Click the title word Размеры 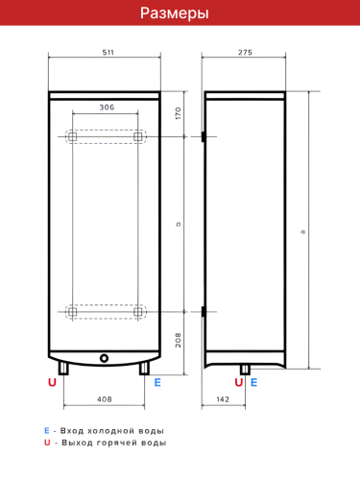click(180, 13)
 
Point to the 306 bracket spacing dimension click(106, 108)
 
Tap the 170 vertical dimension click(179, 114)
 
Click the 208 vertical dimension click(179, 339)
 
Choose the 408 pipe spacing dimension click(106, 398)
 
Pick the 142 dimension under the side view click(222, 398)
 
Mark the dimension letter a click(303, 230)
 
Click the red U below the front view click(54, 382)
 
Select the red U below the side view click(239, 382)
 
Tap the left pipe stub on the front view click(64, 369)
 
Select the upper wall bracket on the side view click(204, 138)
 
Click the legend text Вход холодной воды click(111, 430)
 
